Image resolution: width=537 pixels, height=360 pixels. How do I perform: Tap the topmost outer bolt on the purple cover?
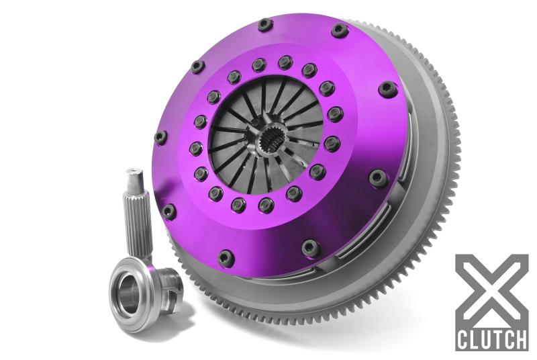265,25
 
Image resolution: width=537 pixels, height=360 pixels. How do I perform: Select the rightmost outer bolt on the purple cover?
388,89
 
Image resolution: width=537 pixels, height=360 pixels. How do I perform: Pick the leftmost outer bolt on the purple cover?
160,137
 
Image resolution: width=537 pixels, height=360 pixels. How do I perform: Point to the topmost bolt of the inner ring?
285,62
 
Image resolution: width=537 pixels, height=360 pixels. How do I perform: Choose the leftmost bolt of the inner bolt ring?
195,148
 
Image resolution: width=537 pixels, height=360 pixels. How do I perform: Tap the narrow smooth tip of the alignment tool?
134,179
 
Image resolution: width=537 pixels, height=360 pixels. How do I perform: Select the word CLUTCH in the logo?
491,338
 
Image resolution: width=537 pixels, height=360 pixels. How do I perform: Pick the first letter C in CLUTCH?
463,338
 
